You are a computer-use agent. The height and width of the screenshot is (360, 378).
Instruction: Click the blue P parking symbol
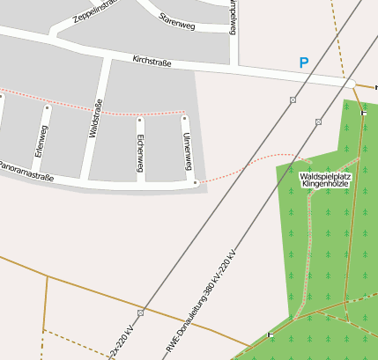[x=304, y=63]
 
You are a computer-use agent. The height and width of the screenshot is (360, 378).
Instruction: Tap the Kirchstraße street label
[x=151, y=62]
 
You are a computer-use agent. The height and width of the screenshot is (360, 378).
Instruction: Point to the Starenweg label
[x=176, y=20]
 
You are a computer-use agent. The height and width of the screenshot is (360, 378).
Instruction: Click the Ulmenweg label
[x=187, y=151]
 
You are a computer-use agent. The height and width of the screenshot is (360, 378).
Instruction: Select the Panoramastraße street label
[x=26, y=172]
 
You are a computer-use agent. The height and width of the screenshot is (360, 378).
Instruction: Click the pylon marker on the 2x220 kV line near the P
[x=293, y=99]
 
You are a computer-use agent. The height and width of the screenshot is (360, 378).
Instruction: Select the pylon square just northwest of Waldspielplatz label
[x=318, y=121]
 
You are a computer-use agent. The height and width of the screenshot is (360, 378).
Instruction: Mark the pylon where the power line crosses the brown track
[x=141, y=312]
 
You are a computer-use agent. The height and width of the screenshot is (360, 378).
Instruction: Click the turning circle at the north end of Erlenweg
[x=48, y=108]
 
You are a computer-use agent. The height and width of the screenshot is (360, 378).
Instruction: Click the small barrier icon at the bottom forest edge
[x=270, y=334]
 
